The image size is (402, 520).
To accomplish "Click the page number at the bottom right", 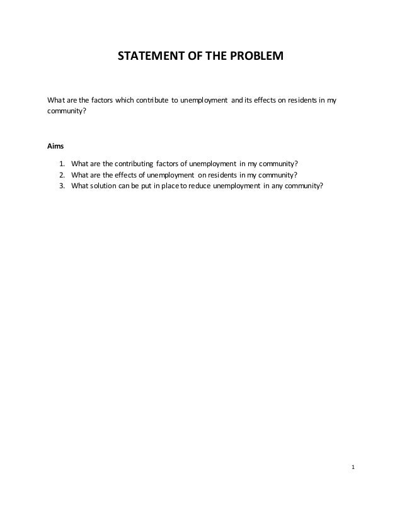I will point(353,467).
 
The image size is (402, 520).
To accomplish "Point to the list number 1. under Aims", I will point(63,164).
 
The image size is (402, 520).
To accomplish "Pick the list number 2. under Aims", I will point(63,174).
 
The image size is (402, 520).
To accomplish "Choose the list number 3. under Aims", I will point(63,185).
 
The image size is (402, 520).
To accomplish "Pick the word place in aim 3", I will point(170,185).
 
